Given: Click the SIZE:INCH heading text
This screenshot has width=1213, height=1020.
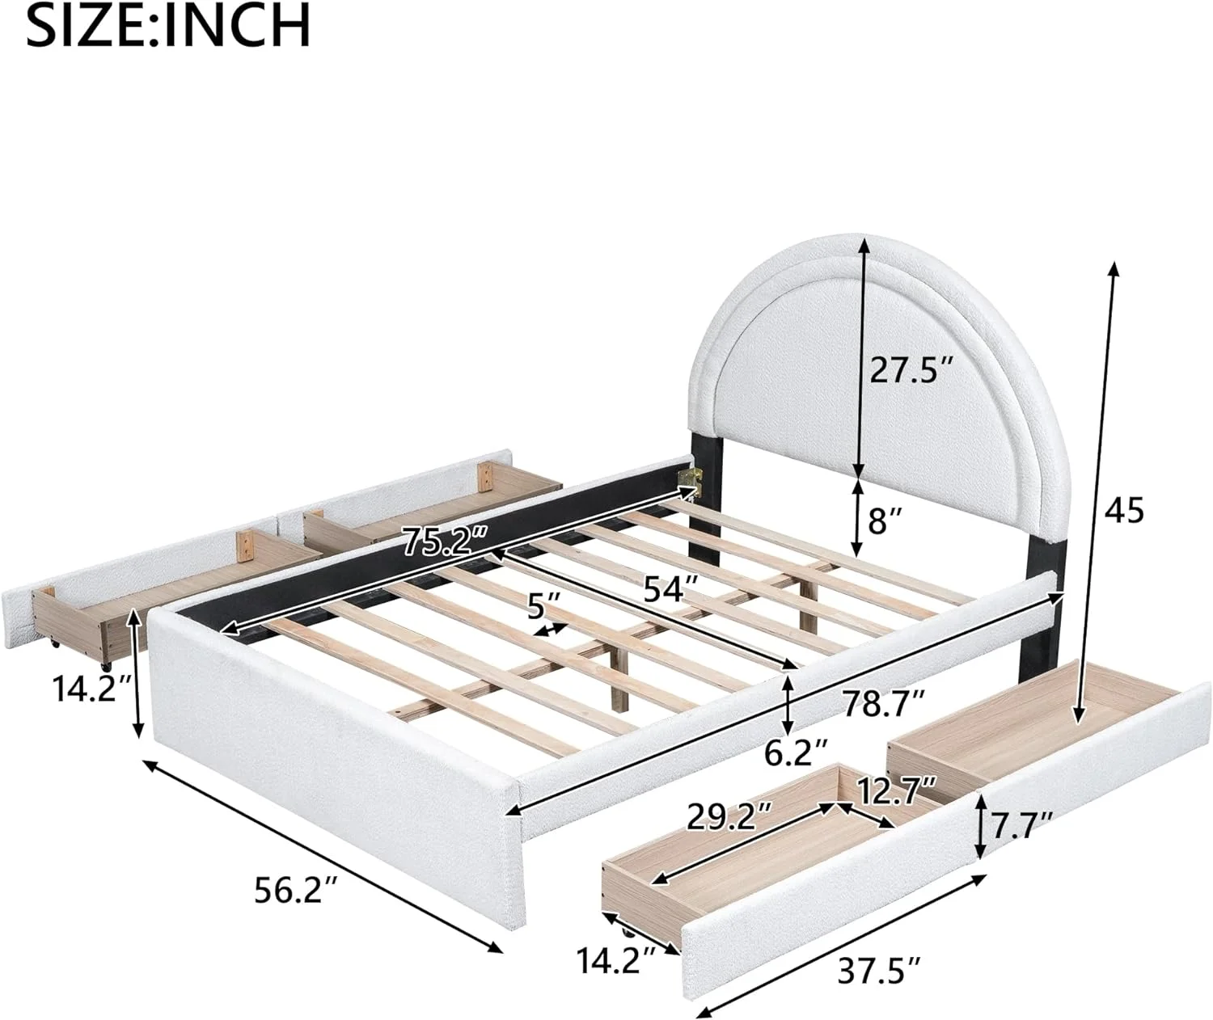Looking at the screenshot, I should pyautogui.click(x=168, y=26).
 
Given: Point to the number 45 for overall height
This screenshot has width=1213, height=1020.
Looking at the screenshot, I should pyautogui.click(x=1123, y=511).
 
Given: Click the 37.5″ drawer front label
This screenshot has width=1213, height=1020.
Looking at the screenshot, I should pyautogui.click(x=882, y=967).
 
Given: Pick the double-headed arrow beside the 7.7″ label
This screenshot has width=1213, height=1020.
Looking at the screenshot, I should pyautogui.click(x=980, y=826).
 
